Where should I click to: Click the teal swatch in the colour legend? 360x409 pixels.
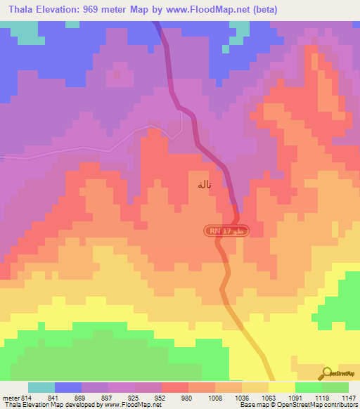click(41, 387)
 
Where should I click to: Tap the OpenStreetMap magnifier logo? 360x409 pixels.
click(328, 372)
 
